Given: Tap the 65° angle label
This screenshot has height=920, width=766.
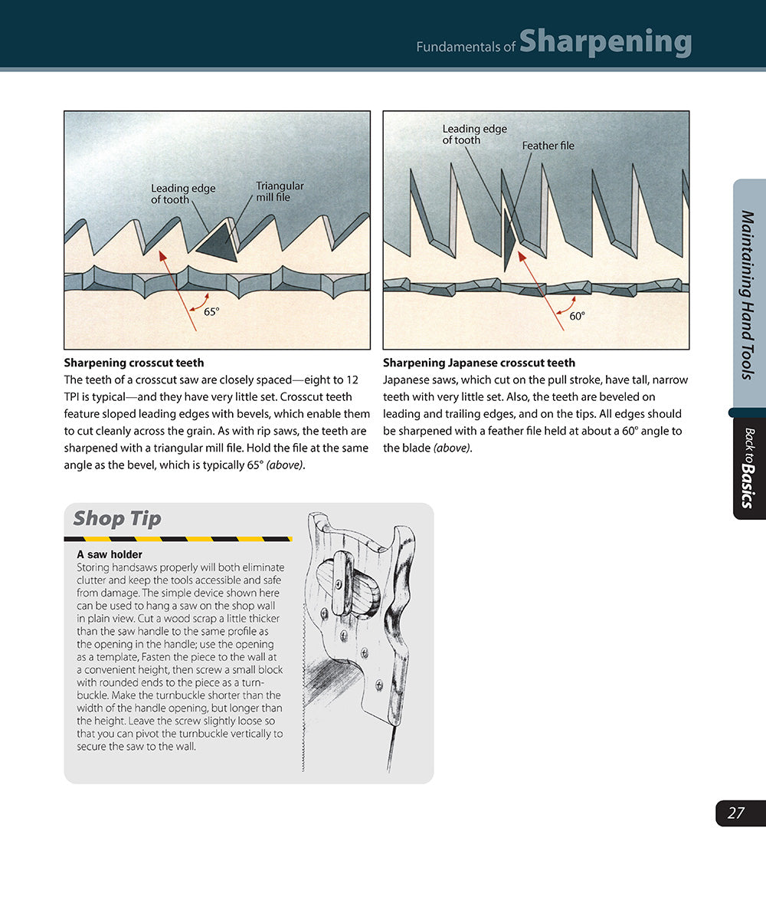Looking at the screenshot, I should pyautogui.click(x=211, y=311).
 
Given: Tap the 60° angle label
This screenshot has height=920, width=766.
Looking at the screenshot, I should pyautogui.click(x=577, y=315).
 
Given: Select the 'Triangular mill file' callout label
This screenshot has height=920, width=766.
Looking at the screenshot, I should pyautogui.click(x=280, y=192).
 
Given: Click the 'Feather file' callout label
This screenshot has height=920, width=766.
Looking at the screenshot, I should pyautogui.click(x=548, y=146).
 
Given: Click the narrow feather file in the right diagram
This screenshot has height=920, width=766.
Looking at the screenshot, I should pyautogui.click(x=509, y=242).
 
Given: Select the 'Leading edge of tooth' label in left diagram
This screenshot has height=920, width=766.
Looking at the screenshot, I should pyautogui.click(x=183, y=194).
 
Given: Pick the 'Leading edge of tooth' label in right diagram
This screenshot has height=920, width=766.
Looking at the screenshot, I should pyautogui.click(x=474, y=134).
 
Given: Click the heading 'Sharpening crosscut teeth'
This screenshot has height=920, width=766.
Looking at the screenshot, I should pyautogui.click(x=134, y=363).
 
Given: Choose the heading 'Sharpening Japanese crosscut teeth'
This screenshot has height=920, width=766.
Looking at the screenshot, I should pyautogui.click(x=479, y=363).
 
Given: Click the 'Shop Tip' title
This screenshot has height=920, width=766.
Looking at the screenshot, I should pyautogui.click(x=117, y=518).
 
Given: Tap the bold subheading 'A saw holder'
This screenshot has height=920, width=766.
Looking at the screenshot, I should pyautogui.click(x=110, y=554).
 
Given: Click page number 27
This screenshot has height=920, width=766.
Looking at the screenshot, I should pyautogui.click(x=736, y=813).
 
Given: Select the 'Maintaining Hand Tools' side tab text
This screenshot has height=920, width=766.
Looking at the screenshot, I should pyautogui.click(x=748, y=295).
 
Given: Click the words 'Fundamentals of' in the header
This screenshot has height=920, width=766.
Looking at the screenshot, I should pyautogui.click(x=466, y=47).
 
